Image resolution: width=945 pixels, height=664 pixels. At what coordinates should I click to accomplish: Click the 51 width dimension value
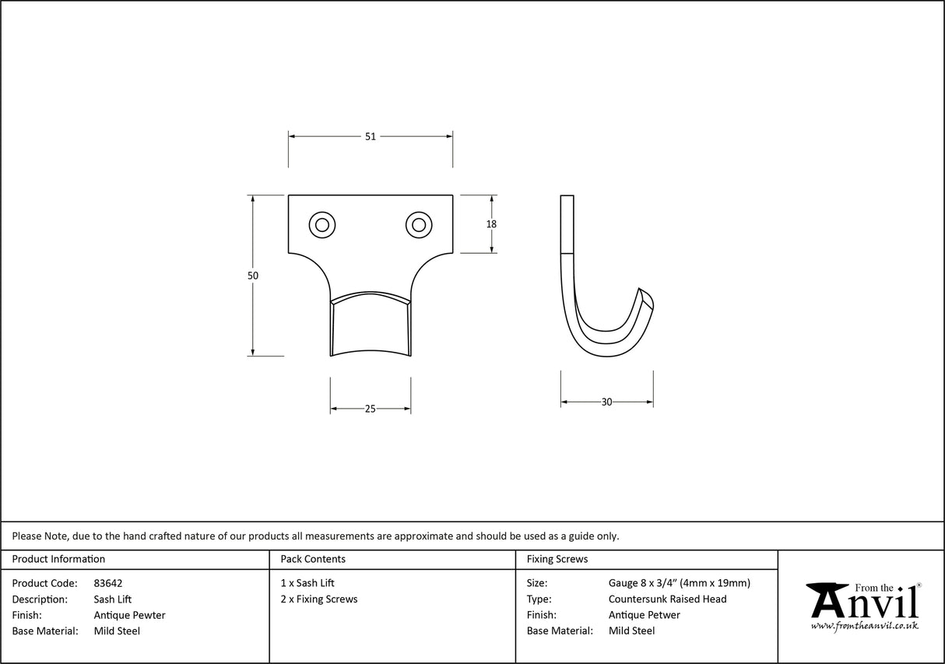pyautogui.click(x=370, y=136)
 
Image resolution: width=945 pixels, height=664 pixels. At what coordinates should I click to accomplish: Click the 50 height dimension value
pyautogui.click(x=253, y=276)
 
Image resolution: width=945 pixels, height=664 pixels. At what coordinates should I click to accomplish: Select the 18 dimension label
pyautogui.click(x=491, y=224)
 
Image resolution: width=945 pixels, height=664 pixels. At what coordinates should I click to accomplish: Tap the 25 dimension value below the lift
pyautogui.click(x=370, y=409)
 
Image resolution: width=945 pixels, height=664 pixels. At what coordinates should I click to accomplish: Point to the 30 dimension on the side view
pyautogui.click(x=606, y=402)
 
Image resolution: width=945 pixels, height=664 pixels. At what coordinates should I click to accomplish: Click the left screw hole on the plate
pyautogui.click(x=321, y=225)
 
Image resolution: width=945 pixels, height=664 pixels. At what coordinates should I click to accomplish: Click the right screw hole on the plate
pyautogui.click(x=419, y=225)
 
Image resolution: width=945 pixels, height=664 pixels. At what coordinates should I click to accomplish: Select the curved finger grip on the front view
pyautogui.click(x=371, y=327)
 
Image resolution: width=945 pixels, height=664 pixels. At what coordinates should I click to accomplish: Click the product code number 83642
pyautogui.click(x=107, y=583)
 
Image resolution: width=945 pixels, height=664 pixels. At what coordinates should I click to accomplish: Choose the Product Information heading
pyautogui.click(x=58, y=559)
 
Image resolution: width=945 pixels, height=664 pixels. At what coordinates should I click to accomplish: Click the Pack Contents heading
pyautogui.click(x=313, y=559)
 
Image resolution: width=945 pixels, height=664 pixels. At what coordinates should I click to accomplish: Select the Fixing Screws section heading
pyautogui.click(x=557, y=559)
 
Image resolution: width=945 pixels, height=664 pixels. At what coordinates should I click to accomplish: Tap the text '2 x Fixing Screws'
pyautogui.click(x=319, y=599)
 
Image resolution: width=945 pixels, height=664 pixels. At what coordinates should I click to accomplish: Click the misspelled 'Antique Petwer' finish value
pyautogui.click(x=644, y=615)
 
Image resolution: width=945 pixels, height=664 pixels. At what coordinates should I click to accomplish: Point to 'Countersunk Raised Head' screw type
pyautogui.click(x=667, y=599)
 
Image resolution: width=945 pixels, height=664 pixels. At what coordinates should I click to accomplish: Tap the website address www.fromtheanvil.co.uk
pyautogui.click(x=864, y=626)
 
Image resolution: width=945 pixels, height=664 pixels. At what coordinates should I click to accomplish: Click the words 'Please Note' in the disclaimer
pyautogui.click(x=40, y=536)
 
